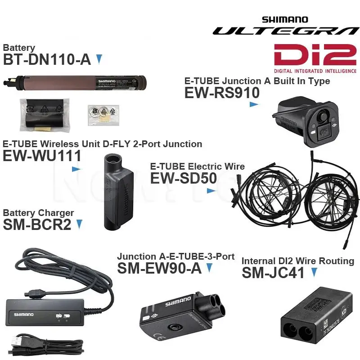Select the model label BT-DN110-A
point(47,59)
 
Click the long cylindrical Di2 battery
point(77,83)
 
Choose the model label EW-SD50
point(183,178)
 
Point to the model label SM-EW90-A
point(160,268)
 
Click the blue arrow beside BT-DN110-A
point(99,59)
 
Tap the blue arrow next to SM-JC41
point(314,272)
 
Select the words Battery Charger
point(38,213)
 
